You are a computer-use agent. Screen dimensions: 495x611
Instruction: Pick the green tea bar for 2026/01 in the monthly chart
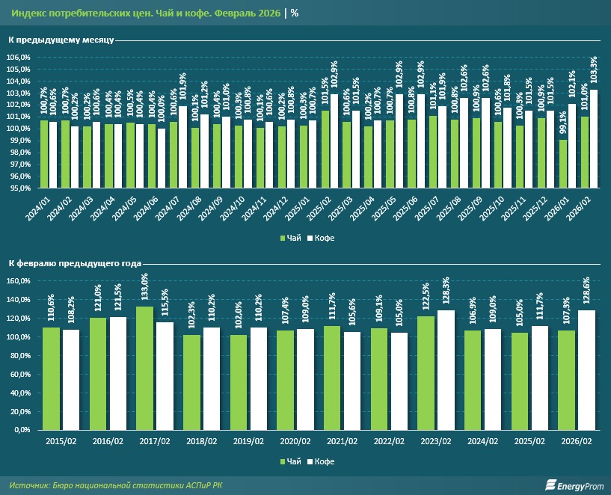pos(562,164)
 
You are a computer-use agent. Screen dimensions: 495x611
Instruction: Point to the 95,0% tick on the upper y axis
pos(20,188)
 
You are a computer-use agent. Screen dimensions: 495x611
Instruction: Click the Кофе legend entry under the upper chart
pos(319,237)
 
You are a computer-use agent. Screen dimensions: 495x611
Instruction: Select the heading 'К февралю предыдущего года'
pos(76,263)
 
